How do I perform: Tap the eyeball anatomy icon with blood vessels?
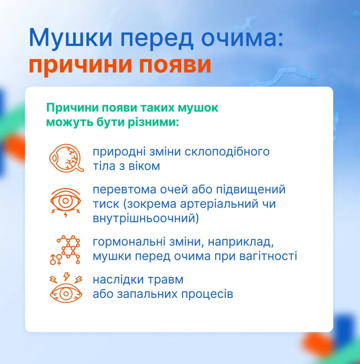[x=66, y=158]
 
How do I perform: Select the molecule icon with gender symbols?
[x=65, y=250]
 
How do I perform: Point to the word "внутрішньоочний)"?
[x=146, y=219]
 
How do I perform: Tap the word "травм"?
[x=166, y=280]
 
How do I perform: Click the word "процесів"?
[x=207, y=294]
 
